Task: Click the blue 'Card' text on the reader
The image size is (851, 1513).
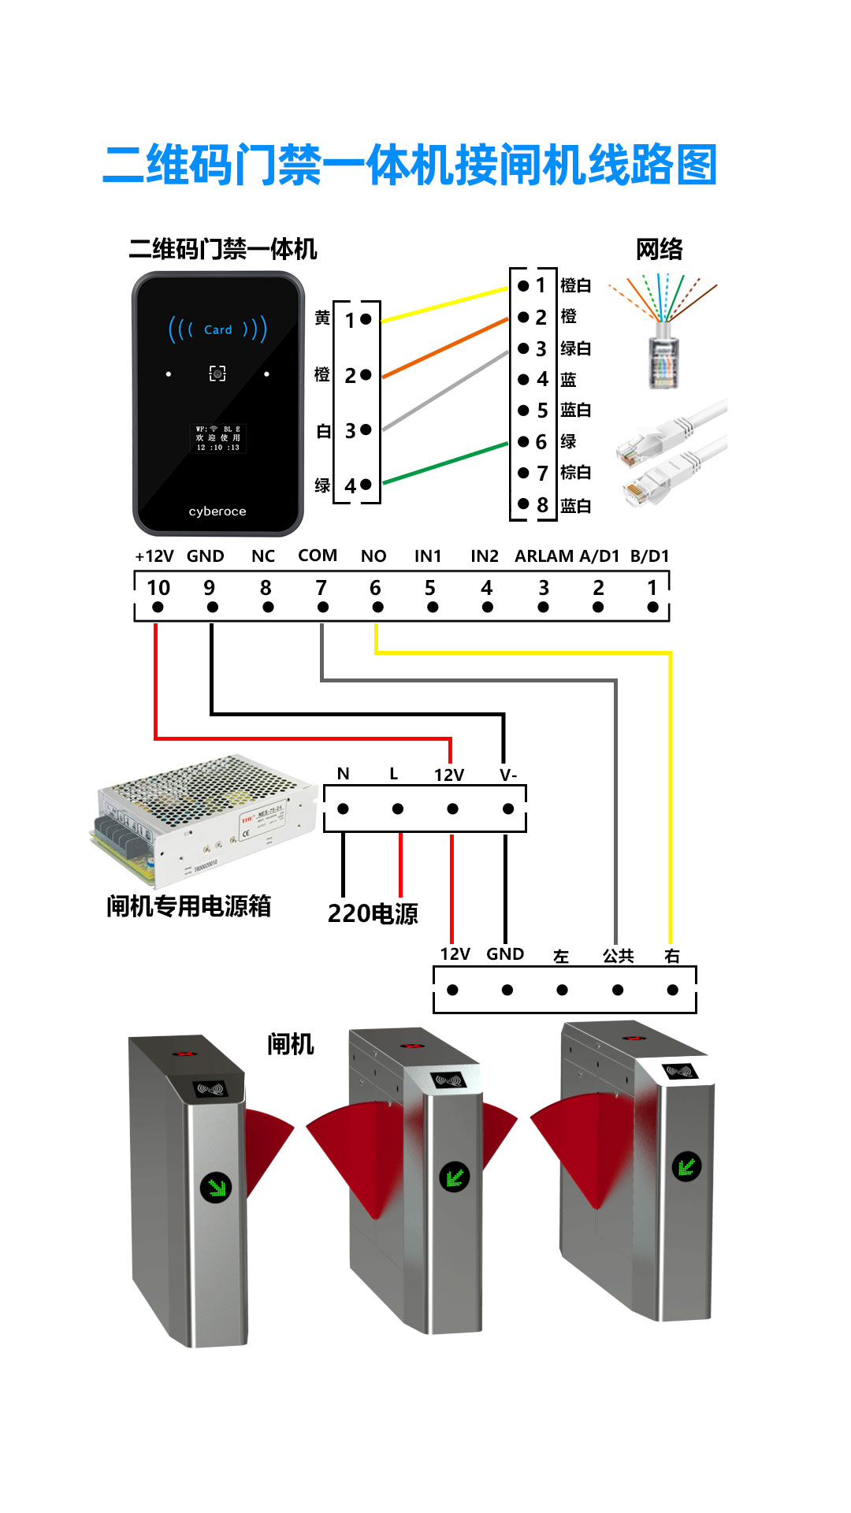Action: click(x=217, y=329)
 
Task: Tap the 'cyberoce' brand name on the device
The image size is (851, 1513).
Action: click(x=217, y=511)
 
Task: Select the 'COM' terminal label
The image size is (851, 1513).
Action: click(x=318, y=556)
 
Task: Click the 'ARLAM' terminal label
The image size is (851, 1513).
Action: click(x=544, y=556)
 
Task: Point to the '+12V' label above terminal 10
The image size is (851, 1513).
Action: click(x=154, y=556)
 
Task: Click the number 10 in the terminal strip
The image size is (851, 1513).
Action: click(x=158, y=588)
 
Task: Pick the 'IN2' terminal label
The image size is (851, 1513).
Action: click(x=485, y=556)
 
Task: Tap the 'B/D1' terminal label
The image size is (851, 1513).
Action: click(x=649, y=556)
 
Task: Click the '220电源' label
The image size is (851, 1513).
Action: click(x=373, y=914)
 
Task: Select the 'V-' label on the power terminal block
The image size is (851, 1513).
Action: click(x=508, y=775)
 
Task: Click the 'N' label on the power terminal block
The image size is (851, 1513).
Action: click(x=343, y=774)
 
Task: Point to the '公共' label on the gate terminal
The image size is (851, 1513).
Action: click(x=618, y=956)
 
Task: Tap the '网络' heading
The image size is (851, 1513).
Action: click(x=660, y=250)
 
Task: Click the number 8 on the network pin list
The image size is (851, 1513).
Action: click(x=542, y=505)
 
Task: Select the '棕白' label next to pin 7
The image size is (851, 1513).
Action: click(x=575, y=473)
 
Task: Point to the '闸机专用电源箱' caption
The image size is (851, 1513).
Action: click(x=189, y=906)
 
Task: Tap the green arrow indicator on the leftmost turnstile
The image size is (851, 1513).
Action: click(x=216, y=1186)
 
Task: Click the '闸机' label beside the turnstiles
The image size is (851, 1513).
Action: click(x=291, y=1045)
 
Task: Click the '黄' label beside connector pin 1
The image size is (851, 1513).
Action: click(x=322, y=318)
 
